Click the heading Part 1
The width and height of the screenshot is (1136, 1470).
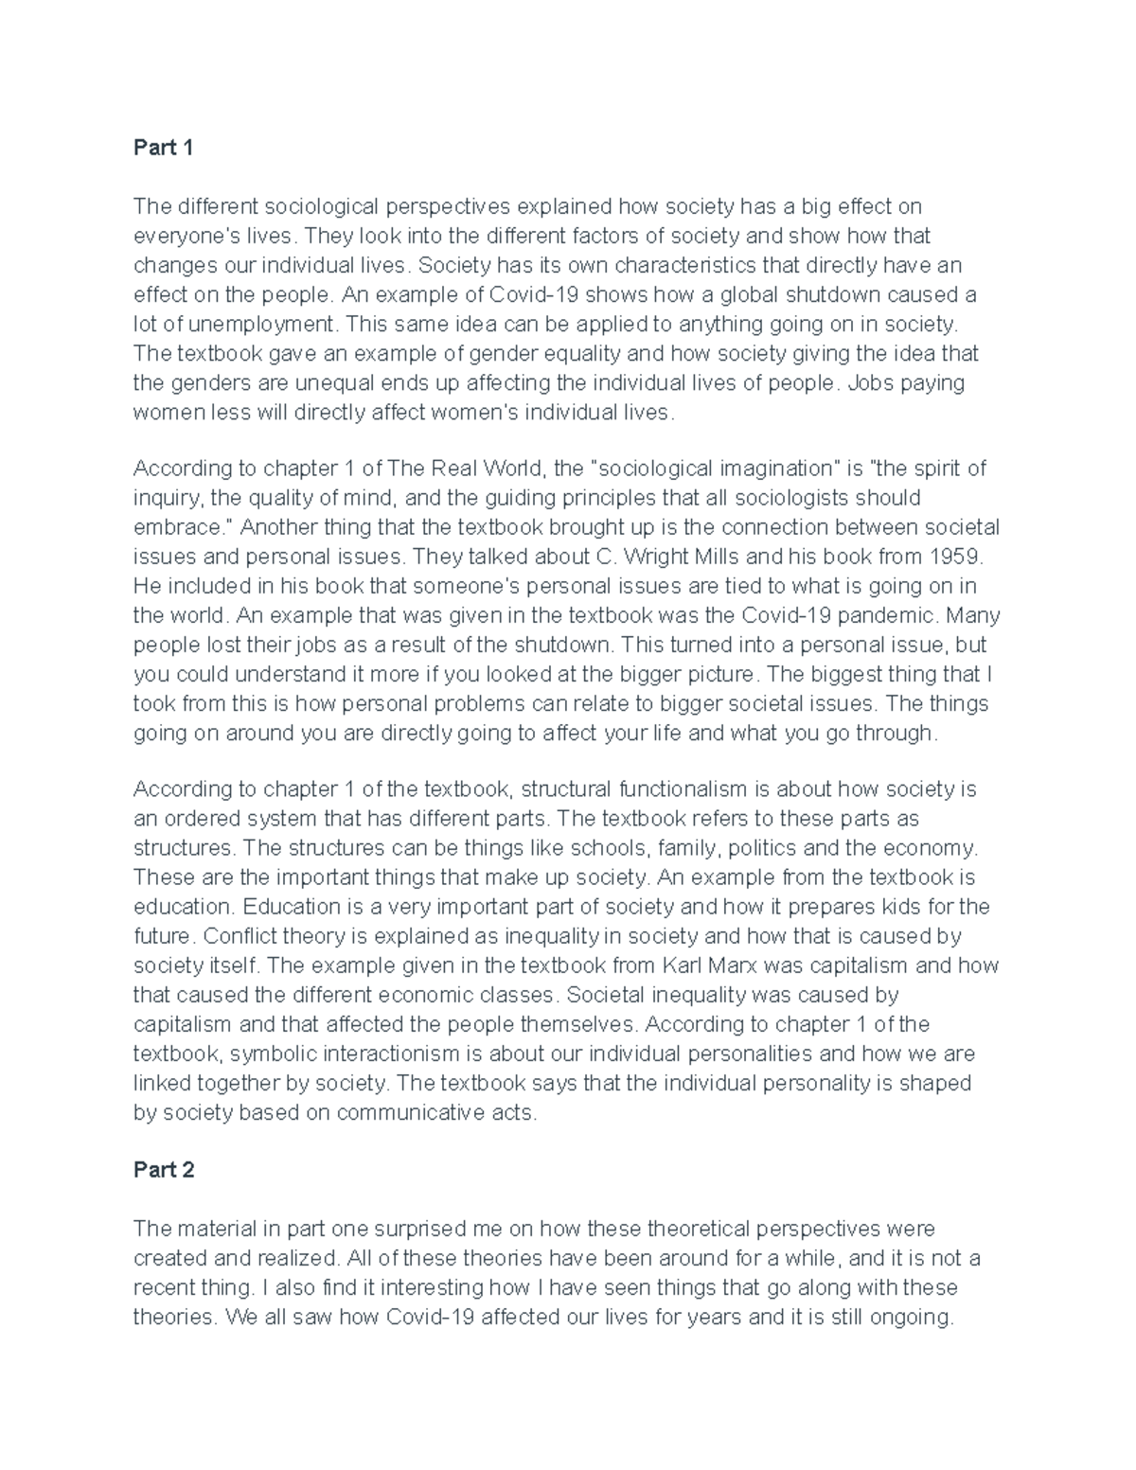(163, 148)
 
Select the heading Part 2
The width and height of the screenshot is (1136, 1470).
(163, 1170)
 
